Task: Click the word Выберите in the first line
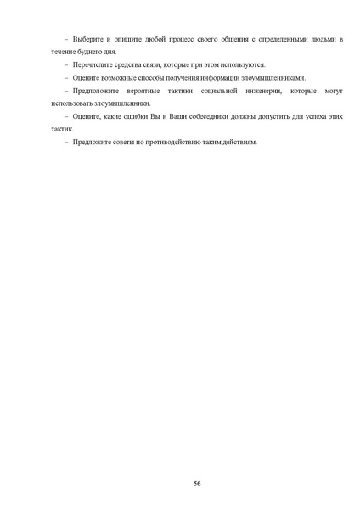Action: pyautogui.click(x=89, y=39)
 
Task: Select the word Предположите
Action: pyautogui.click(x=98, y=90)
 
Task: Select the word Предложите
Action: pyautogui.click(x=93, y=141)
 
